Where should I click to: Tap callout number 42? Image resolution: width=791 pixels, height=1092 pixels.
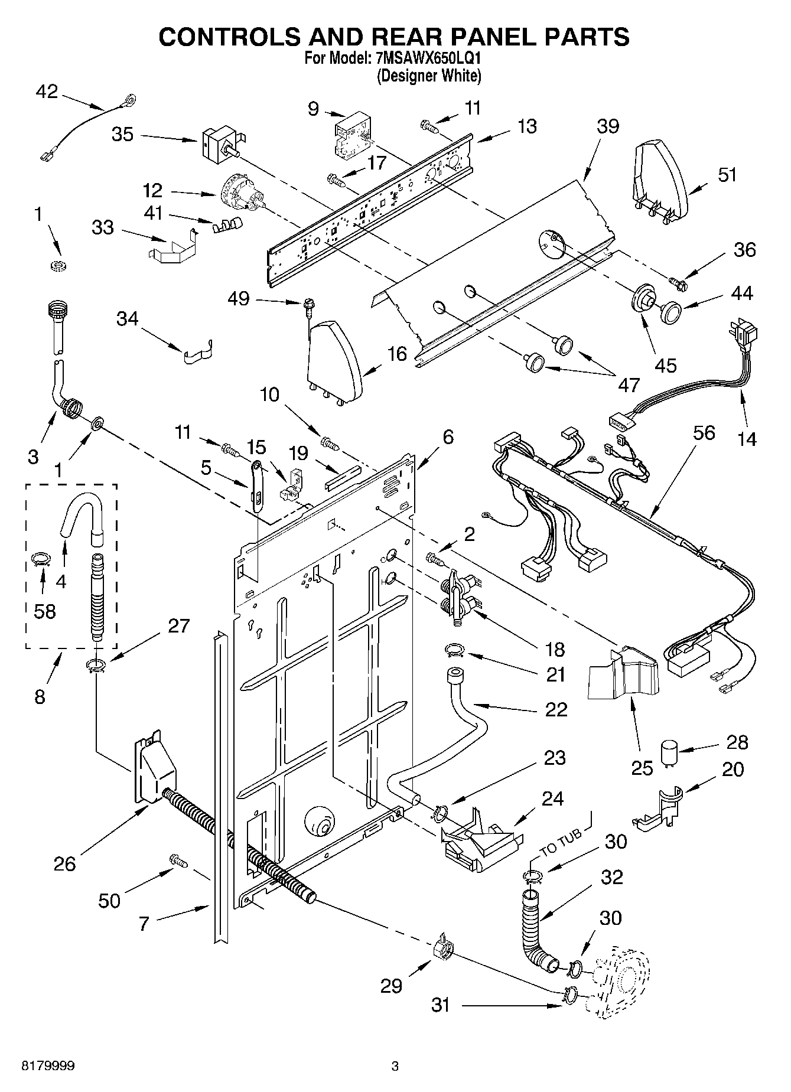[47, 92]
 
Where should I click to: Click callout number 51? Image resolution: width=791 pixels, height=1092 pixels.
[728, 175]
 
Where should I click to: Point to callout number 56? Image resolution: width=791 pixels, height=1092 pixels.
[701, 433]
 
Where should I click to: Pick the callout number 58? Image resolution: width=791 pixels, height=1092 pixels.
[45, 611]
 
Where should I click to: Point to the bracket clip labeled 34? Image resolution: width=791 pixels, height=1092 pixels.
[196, 354]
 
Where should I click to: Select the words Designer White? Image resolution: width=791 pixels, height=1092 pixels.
[429, 76]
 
